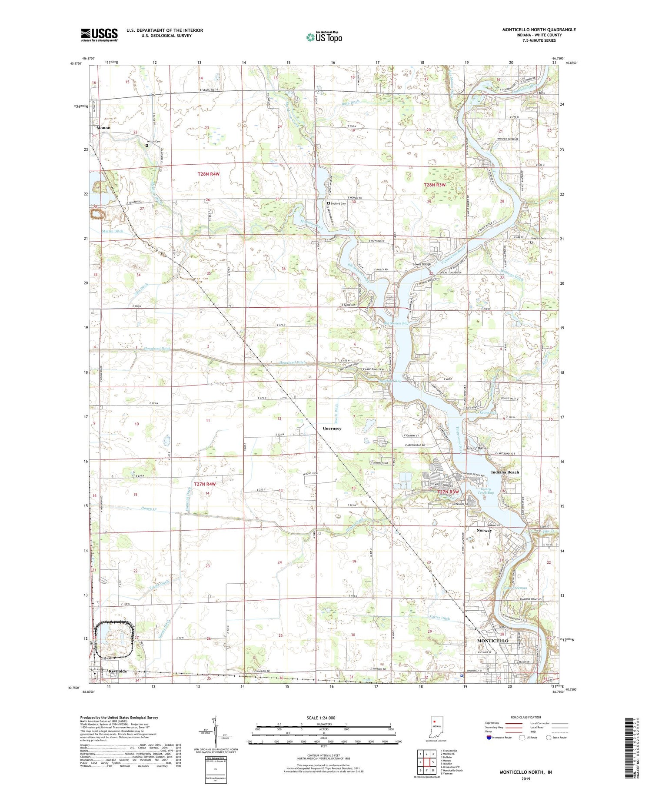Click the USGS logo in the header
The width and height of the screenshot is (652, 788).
coord(99,35)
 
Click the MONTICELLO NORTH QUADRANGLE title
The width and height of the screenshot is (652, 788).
coord(539,30)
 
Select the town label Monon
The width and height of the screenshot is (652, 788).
coord(103,128)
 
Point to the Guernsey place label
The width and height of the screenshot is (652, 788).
coord(332,428)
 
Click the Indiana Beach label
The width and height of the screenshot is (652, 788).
coord(505,472)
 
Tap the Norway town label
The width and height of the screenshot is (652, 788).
coord(484,530)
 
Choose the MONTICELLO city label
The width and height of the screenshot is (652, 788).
coord(492,641)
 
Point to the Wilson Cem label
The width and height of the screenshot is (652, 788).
coord(153,141)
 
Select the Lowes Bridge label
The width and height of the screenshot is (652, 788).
coord(421,264)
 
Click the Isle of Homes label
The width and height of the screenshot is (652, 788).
coord(477,448)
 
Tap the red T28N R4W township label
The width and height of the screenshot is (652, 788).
coord(209,174)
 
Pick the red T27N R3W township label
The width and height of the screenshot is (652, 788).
coord(448,492)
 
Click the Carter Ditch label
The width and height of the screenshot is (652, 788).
coord(439,618)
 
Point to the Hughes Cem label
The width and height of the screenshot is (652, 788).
coord(538,238)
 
